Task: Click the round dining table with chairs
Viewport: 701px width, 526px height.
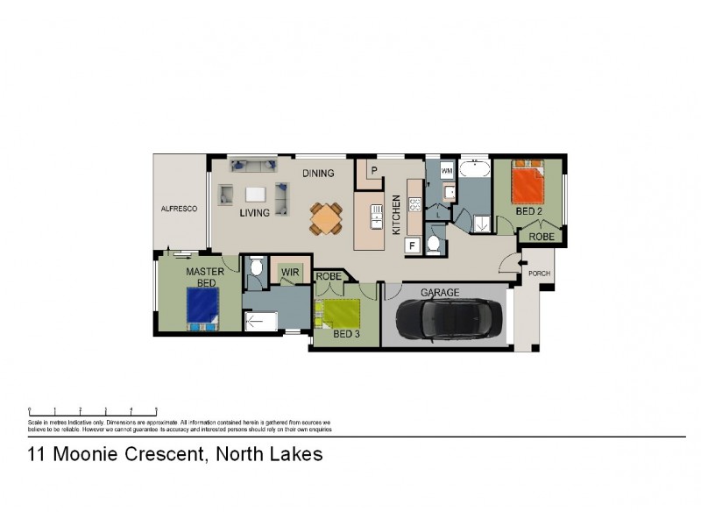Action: [326, 217]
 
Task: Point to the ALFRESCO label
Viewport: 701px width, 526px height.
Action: [179, 209]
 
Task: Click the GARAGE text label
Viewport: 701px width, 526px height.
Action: [440, 292]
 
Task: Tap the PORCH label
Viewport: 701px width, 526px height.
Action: [540, 274]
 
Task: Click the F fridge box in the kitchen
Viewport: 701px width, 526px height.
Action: [410, 245]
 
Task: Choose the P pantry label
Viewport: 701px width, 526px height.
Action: [373, 170]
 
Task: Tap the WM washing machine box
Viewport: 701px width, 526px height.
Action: [447, 170]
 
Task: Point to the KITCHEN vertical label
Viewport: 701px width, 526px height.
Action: [397, 215]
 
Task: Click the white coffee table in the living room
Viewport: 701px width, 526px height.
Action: [255, 195]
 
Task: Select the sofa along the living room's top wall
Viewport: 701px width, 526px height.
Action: [253, 165]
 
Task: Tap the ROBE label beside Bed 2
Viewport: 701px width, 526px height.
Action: [540, 236]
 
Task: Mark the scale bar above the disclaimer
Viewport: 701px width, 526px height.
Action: [93, 409]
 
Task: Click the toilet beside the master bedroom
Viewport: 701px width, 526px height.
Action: [255, 271]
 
